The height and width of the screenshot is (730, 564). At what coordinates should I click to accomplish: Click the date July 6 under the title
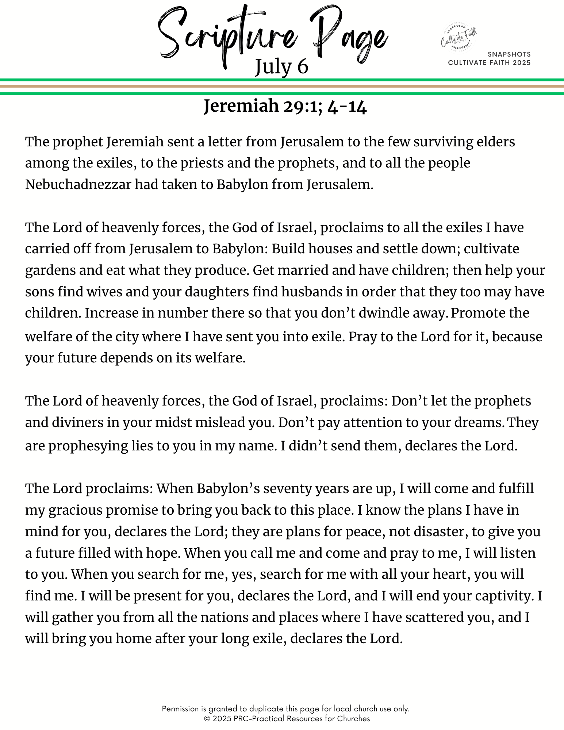281,67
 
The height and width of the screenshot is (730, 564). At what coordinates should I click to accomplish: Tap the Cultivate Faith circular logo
459,38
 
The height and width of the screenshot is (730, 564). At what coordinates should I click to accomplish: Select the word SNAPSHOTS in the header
509,54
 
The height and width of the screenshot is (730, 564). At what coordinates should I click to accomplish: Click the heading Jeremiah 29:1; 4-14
285,106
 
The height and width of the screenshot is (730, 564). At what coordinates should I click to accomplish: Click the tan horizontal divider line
282,87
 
